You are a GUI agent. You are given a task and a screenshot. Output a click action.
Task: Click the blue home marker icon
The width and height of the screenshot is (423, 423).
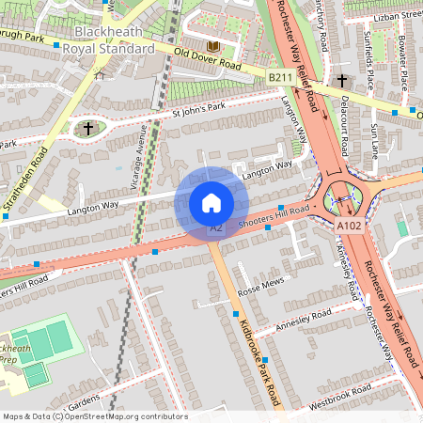click(x=211, y=202)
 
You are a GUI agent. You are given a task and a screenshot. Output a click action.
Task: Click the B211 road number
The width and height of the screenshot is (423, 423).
click(x=279, y=76)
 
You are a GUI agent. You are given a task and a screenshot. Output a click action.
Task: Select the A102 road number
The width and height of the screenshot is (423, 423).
click(x=348, y=226)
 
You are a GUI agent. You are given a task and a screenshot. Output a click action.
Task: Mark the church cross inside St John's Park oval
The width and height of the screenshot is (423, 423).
click(x=88, y=127)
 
